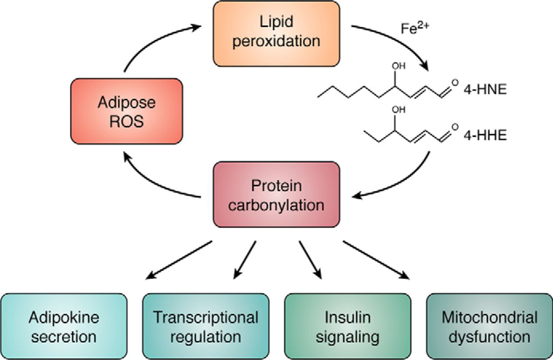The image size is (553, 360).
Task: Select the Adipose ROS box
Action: pyautogui.click(x=126, y=111)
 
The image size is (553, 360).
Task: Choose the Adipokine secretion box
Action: pyautogui.click(x=64, y=326)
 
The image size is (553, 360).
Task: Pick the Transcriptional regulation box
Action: pyautogui.click(x=206, y=326)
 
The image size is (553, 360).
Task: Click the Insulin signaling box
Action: pyautogui.click(x=347, y=326)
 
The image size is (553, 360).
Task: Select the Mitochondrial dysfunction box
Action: pyautogui.click(x=489, y=326)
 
